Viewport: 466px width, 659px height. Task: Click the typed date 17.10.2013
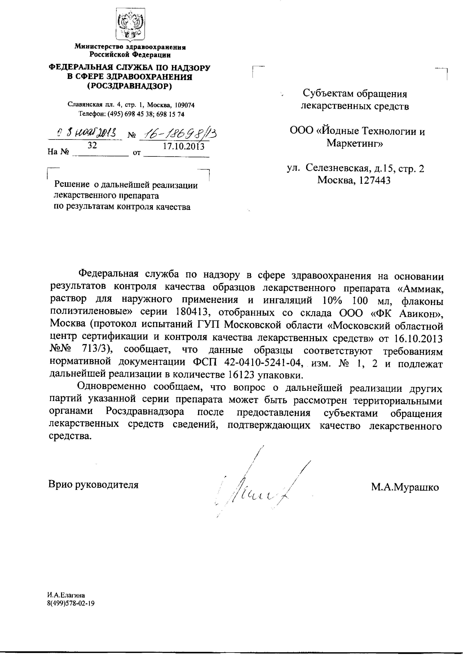pos(184,146)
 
